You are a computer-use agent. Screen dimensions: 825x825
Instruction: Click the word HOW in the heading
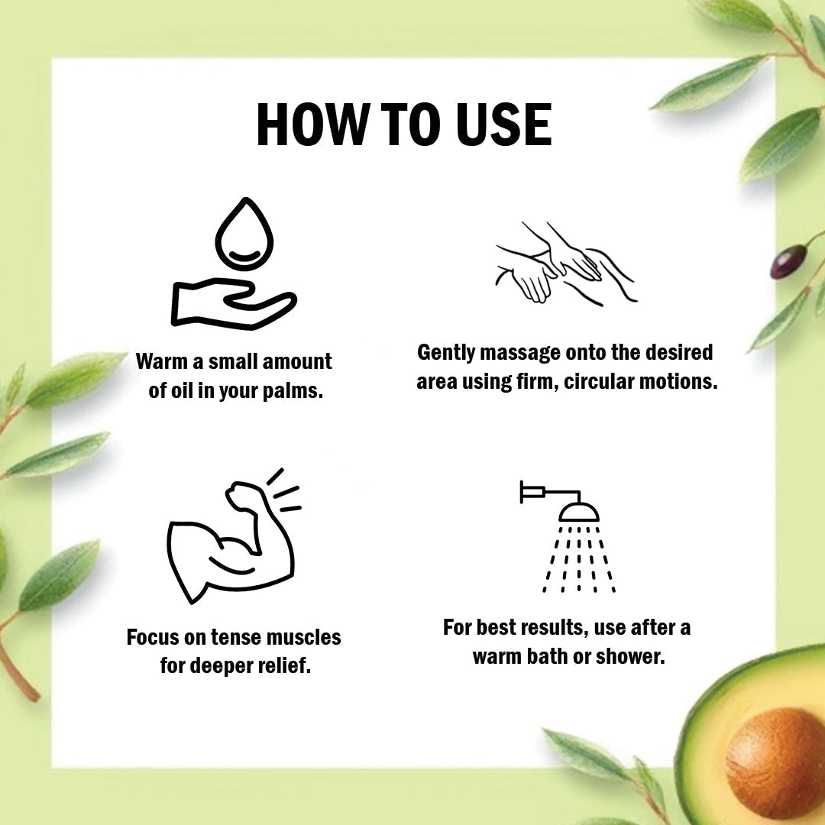coord(311,125)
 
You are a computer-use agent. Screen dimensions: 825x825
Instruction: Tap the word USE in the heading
coord(503,125)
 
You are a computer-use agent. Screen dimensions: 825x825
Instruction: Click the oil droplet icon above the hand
coord(244,234)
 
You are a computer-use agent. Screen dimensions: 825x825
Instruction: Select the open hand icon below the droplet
coord(234,305)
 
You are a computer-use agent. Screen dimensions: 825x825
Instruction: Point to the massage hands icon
coord(566,263)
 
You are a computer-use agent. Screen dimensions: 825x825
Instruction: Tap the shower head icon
coord(569,537)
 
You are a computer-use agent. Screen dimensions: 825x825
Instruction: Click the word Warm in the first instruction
coord(162,362)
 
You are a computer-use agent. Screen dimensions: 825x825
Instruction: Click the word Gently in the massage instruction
coord(446,353)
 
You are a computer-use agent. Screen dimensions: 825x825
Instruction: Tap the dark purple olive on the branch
coord(788,262)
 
